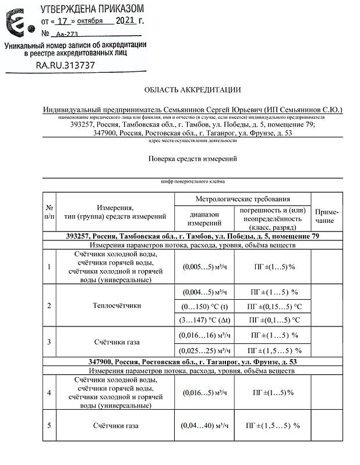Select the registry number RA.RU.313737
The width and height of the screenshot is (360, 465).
point(65,65)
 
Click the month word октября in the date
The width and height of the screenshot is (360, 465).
point(90,21)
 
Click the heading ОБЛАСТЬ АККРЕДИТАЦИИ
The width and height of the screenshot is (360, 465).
point(192,89)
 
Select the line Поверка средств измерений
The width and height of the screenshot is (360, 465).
point(192,158)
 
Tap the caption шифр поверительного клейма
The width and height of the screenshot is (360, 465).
point(192,181)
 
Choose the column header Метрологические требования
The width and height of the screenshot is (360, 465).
point(242,198)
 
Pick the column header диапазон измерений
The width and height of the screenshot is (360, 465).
point(204,218)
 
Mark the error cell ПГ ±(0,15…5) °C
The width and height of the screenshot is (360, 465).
point(274,306)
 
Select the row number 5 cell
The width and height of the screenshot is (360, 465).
point(50,425)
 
